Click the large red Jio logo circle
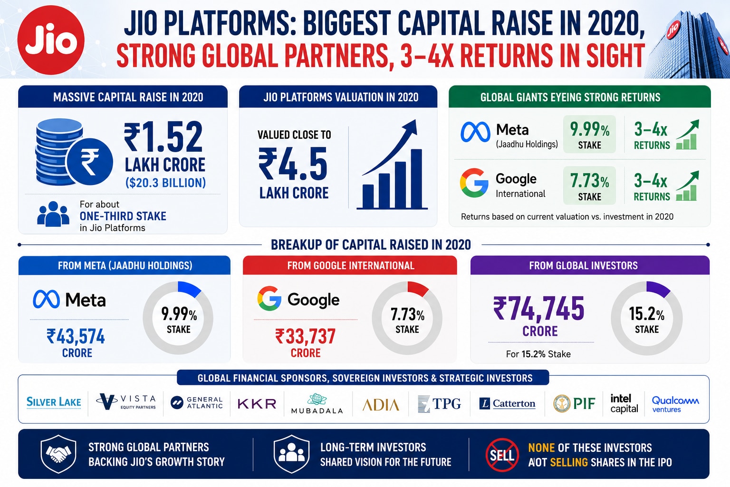tap(51, 40)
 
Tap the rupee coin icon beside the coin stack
tap(90, 162)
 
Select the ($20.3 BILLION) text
tap(165, 183)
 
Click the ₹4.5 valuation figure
tap(293, 164)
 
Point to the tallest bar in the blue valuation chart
tap(416, 178)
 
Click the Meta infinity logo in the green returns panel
tap(475, 132)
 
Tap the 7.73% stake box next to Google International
tap(589, 185)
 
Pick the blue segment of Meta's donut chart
tap(190, 289)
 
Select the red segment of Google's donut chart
tap(418, 289)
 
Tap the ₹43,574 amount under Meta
tap(76, 336)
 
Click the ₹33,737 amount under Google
tap(306, 336)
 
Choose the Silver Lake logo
tap(54, 402)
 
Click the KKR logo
tap(257, 404)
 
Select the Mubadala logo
tap(317, 404)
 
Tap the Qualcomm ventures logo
tap(675, 404)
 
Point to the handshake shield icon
tap(58, 454)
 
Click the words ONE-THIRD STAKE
tap(123, 216)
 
